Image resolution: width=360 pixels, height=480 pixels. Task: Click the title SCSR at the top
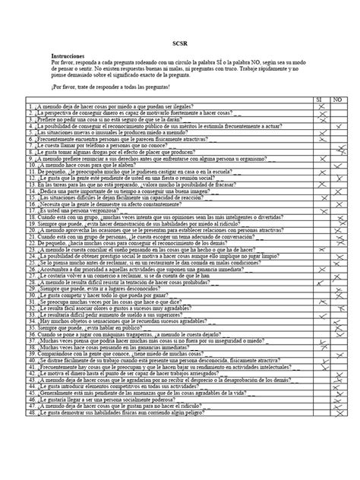click(179, 45)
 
